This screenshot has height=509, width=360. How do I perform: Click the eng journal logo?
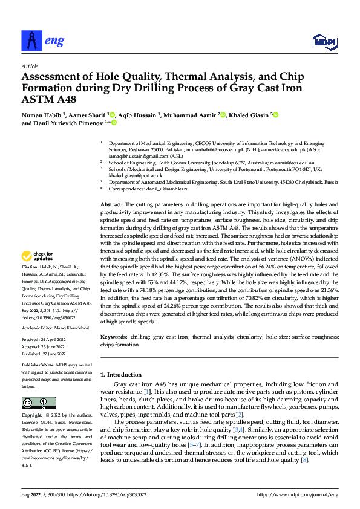coord(42,40)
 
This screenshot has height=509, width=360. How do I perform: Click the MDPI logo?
coord(324,41)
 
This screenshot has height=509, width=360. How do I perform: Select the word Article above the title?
coord(30,66)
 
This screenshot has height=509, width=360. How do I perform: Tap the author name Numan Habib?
coord(41,114)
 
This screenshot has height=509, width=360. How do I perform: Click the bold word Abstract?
coord(111,206)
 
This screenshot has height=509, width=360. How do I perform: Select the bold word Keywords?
coord(113,336)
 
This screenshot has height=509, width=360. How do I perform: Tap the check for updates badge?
coord(38,256)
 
